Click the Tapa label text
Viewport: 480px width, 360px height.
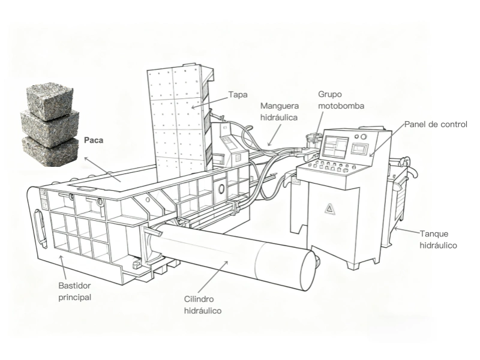pos(238,95)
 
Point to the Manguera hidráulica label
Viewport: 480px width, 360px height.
pos(279,112)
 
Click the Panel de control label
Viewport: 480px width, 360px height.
pos(435,124)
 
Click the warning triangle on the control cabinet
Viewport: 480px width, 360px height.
pos(329,208)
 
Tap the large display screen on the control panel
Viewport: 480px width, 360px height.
pos(334,146)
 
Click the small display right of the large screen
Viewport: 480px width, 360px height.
pos(359,147)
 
